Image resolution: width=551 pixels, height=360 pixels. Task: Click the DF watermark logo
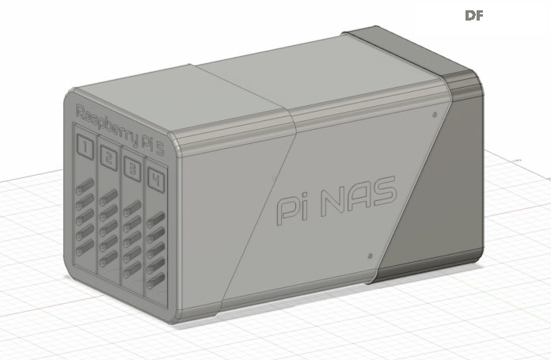[x=474, y=16]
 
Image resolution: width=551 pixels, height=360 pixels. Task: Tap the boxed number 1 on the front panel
[x=85, y=147]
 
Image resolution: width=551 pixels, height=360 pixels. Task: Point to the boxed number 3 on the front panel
[x=132, y=169]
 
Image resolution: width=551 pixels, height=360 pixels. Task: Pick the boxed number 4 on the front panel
[x=156, y=180]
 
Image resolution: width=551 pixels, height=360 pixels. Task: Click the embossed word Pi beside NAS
[x=292, y=210]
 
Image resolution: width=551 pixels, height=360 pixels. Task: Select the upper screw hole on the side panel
[x=435, y=115]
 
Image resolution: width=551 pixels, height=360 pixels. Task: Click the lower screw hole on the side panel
[x=370, y=256]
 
